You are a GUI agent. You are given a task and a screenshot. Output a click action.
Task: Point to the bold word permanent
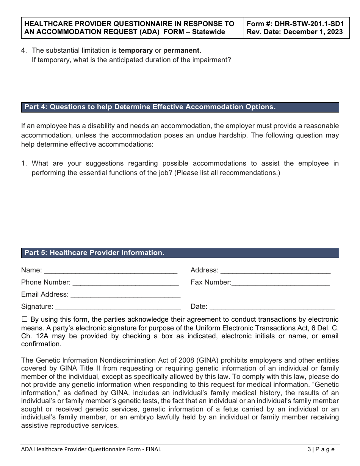pyautogui.click(x=181, y=50)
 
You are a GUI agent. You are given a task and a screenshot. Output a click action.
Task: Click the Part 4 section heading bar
pyautogui.click(x=180, y=107)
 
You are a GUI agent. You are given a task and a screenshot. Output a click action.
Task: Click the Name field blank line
pyautogui.click(x=111, y=271)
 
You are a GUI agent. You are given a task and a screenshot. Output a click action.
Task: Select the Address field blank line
pyautogui.click(x=275, y=271)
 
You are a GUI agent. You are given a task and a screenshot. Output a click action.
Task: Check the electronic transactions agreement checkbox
pyautogui.click(x=25, y=319)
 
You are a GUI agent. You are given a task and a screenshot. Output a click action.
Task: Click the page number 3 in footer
pyautogui.click(x=309, y=449)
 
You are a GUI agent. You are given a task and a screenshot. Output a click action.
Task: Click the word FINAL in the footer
pyautogui.click(x=153, y=449)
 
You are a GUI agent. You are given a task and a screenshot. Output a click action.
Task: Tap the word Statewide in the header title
pyautogui.click(x=208, y=32)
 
